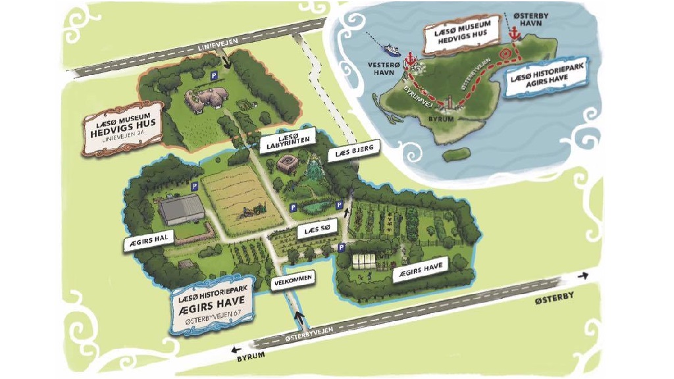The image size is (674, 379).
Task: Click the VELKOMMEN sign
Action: (x=291, y=280)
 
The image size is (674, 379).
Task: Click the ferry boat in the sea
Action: (x=391, y=49)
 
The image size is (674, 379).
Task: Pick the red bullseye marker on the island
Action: (x=505, y=53)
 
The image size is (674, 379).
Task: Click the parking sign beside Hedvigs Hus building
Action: (x=213, y=77)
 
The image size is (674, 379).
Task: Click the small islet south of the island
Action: (x=455, y=155)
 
